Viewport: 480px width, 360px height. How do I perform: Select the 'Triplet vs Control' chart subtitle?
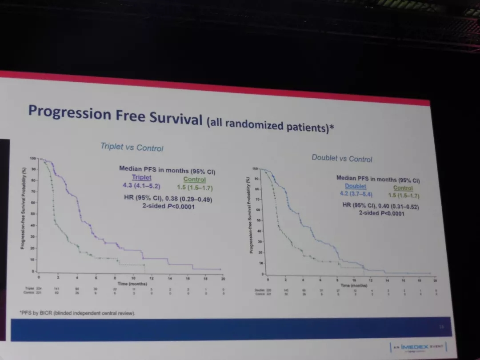tap(132, 147)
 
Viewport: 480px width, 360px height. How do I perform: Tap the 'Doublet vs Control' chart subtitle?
tap(342, 158)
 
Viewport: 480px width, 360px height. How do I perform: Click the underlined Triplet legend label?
tap(141, 178)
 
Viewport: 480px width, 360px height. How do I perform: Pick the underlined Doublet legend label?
tap(355, 186)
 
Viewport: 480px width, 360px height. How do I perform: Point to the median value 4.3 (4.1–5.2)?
tap(141, 186)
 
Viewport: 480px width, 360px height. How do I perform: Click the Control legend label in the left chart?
tap(194, 180)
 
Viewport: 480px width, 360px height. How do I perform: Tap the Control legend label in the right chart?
tap(403, 188)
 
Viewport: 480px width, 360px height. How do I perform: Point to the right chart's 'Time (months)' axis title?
tap(354, 285)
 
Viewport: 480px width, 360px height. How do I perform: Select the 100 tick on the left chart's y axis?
tap(32, 158)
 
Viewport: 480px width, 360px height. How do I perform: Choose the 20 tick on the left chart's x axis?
tap(223, 279)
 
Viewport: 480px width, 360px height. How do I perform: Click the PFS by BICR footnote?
tap(77, 313)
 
